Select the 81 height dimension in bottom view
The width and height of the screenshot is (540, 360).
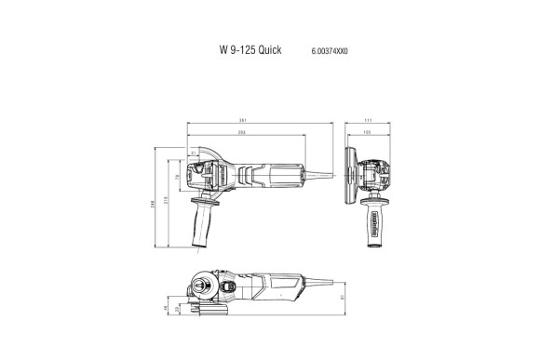[342, 297]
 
